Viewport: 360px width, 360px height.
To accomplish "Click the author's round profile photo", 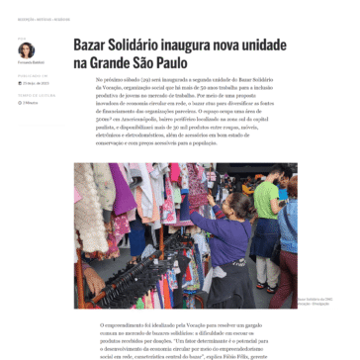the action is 26,49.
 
